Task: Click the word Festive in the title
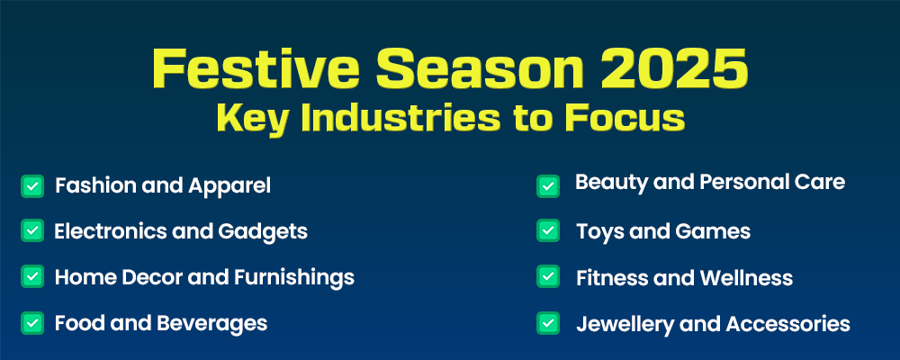pyautogui.click(x=256, y=68)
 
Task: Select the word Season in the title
pyautogui.click(x=480, y=68)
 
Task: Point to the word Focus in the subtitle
pyautogui.click(x=625, y=117)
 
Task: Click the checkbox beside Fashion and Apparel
pyautogui.click(x=32, y=186)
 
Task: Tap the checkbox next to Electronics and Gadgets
pyautogui.click(x=32, y=230)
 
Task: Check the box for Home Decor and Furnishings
pyautogui.click(x=32, y=276)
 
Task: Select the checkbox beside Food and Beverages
pyautogui.click(x=32, y=323)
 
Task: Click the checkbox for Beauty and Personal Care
pyautogui.click(x=548, y=186)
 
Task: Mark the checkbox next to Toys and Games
pyautogui.click(x=548, y=230)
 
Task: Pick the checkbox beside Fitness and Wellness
pyautogui.click(x=548, y=276)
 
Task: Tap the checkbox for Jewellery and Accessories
pyautogui.click(x=548, y=323)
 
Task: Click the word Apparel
pyautogui.click(x=229, y=186)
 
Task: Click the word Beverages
pyautogui.click(x=211, y=323)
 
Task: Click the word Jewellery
pyautogui.click(x=625, y=324)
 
